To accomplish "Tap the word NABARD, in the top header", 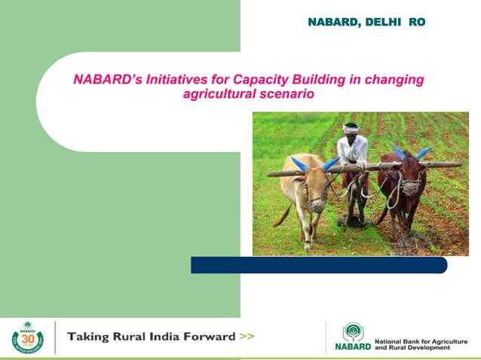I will pyautogui.click(x=335, y=23).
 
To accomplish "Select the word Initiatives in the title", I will pyautogui.click(x=180, y=80).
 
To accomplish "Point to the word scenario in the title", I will pyautogui.click(x=286, y=94).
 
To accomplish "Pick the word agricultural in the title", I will pyautogui.click(x=218, y=94).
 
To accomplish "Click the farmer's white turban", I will pyautogui.click(x=351, y=129).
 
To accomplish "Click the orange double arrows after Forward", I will pyautogui.click(x=247, y=337).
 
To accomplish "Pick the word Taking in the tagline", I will pyautogui.click(x=89, y=337).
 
